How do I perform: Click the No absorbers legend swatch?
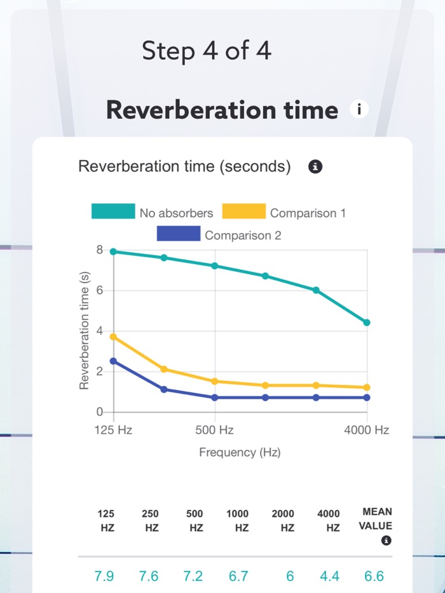tap(113, 212)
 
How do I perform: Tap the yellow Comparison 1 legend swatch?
tap(243, 212)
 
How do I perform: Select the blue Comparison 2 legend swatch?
tap(178, 235)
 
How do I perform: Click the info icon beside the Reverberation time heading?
tap(359, 110)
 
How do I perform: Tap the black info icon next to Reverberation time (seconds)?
tap(315, 167)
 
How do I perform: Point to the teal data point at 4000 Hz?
tap(367, 323)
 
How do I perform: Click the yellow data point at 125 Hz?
tap(114, 336)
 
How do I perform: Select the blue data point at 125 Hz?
tap(114, 361)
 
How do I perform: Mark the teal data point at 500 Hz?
tap(215, 265)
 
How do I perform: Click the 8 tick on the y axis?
tap(99, 250)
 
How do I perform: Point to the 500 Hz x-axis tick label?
tap(215, 430)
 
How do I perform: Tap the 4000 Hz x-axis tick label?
tap(366, 430)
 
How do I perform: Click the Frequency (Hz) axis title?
tap(240, 453)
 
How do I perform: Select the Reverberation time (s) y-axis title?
tap(84, 330)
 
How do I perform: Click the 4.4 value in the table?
tap(329, 576)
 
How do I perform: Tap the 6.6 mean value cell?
tap(374, 576)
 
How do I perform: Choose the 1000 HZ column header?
tap(238, 520)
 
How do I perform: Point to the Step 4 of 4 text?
tap(207, 51)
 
